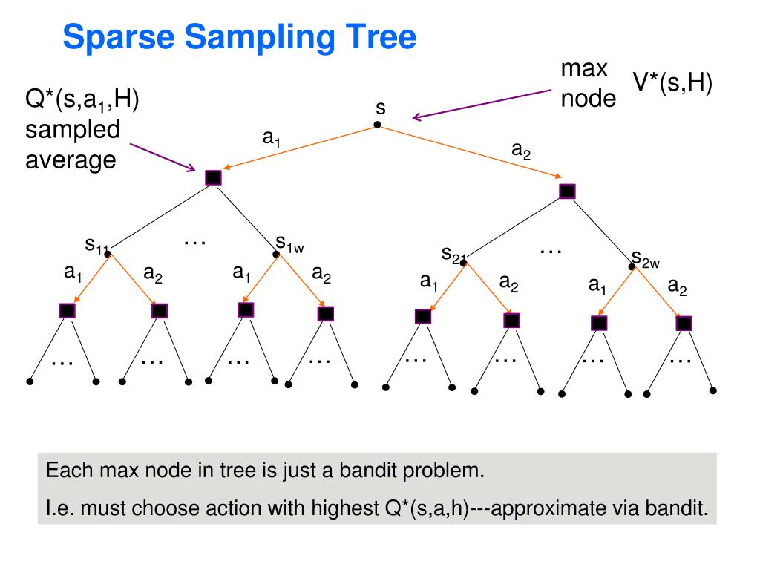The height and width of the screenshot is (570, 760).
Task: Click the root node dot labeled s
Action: (x=377, y=125)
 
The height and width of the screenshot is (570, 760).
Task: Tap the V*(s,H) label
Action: (x=672, y=84)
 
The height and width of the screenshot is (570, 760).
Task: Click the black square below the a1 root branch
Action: (x=213, y=177)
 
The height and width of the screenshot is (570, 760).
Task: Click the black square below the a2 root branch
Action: (x=567, y=191)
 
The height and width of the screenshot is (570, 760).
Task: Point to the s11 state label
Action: (x=96, y=244)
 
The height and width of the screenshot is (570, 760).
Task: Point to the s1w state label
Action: (x=289, y=243)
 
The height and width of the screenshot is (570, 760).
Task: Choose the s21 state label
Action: (x=453, y=255)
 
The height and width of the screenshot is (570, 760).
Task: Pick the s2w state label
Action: (x=646, y=259)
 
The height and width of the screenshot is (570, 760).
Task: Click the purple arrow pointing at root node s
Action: (x=482, y=103)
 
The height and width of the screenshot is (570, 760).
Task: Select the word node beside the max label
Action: (x=588, y=98)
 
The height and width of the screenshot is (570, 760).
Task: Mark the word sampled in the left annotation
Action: (x=73, y=129)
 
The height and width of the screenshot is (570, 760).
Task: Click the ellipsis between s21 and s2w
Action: (x=550, y=251)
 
